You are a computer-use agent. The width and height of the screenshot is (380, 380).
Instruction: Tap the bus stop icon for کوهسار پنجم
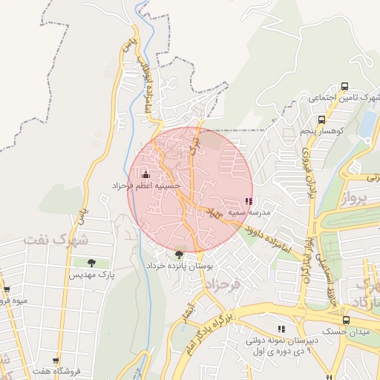[x=321, y=119]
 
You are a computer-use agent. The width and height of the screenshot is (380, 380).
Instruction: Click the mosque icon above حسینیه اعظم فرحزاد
[x=145, y=174]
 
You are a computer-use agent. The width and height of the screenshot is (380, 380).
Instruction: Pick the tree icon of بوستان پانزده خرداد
[x=179, y=255]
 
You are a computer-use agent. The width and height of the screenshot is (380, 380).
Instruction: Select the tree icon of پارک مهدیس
[x=91, y=263]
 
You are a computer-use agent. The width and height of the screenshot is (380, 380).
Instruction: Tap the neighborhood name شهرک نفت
[x=56, y=240]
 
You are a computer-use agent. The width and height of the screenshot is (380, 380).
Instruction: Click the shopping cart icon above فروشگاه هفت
[x=56, y=360]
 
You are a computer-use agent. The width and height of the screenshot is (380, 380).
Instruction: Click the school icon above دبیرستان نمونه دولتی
[x=281, y=329]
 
